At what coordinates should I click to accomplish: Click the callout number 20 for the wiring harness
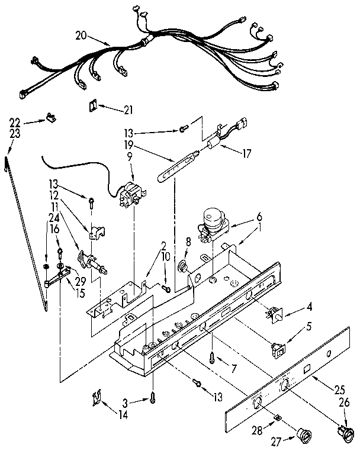pyautogui.click(x=82, y=36)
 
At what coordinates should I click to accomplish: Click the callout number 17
pyautogui.click(x=246, y=153)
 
